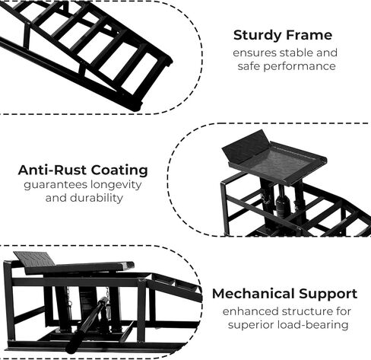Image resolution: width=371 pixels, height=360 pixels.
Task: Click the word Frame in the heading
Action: pyautogui.click(x=307, y=35)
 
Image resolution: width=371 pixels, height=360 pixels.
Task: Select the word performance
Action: pyautogui.click(x=300, y=66)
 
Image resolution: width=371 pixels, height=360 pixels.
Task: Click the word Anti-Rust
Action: pyautogui.click(x=52, y=170)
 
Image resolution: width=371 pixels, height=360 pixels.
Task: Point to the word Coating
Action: pyautogui.click(x=119, y=170)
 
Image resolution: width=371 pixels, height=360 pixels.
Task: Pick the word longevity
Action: pyautogui.click(x=116, y=185)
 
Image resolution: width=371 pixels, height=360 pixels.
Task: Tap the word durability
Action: pyautogui.click(x=97, y=198)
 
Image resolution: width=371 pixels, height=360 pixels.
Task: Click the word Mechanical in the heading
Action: pyautogui.click(x=253, y=294)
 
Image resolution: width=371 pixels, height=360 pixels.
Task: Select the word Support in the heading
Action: pyautogui.click(x=328, y=295)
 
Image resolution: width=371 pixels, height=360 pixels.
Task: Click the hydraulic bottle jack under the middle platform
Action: pyautogui.click(x=283, y=203)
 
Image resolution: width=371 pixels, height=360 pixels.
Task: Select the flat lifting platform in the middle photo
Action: pyautogui.click(x=274, y=158)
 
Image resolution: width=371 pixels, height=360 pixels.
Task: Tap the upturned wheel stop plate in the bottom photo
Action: pyautogui.click(x=34, y=260)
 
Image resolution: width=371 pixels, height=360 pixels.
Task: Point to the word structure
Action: pyautogui.click(x=309, y=311)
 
